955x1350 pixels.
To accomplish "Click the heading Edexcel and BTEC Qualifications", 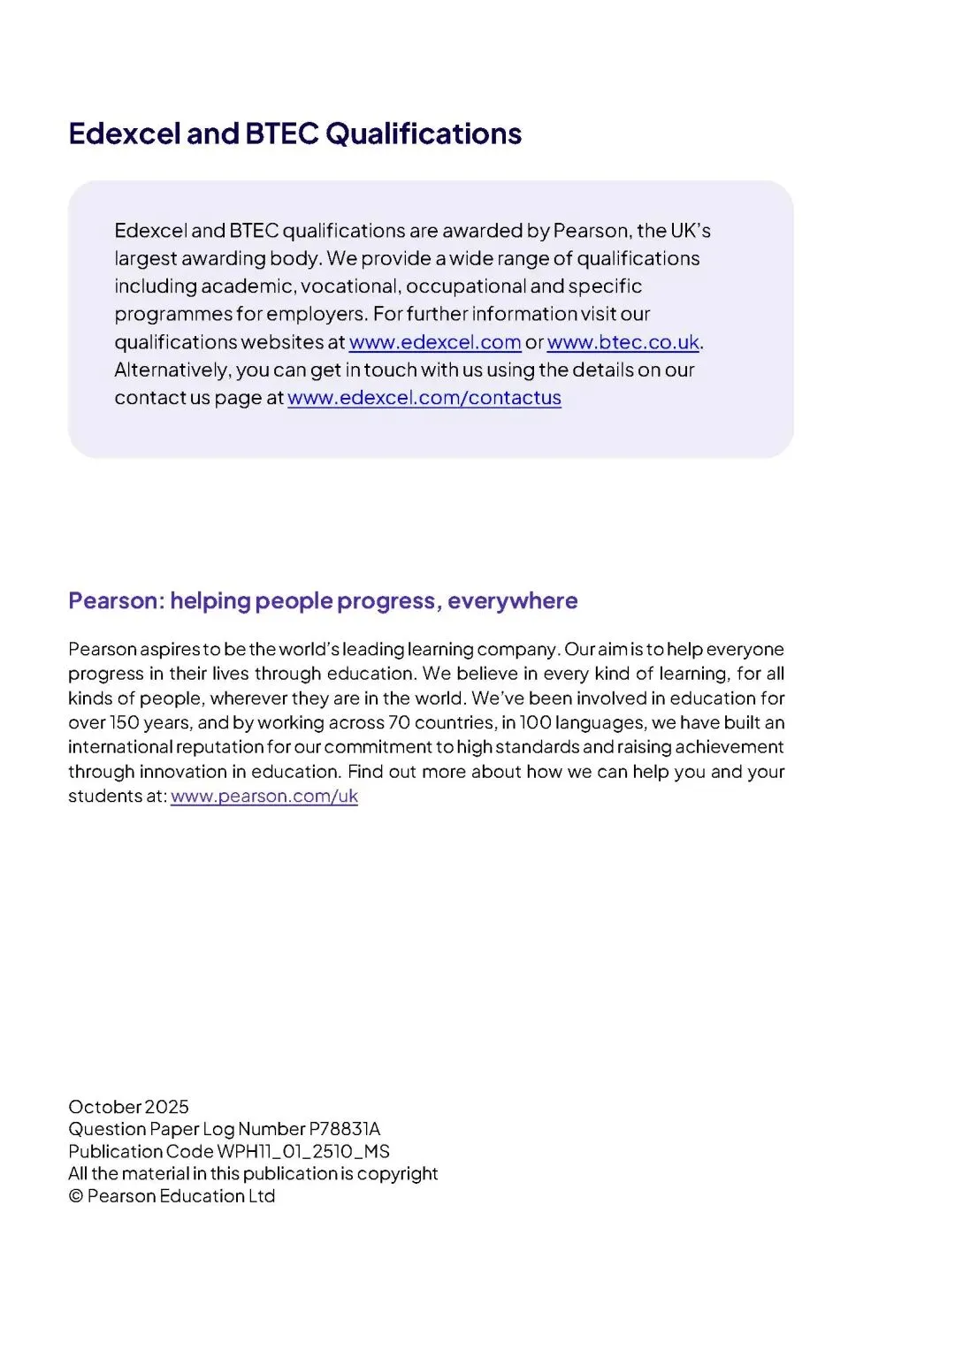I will pos(294,133).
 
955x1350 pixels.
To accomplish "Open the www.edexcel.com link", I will pos(435,342).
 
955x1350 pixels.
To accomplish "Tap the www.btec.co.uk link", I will pos(623,342).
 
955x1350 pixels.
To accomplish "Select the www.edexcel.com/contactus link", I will pos(424,398).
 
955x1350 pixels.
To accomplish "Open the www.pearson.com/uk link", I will pos(264,796).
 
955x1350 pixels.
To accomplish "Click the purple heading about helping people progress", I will pos(323,601).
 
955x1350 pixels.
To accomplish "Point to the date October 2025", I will pos(128,1107).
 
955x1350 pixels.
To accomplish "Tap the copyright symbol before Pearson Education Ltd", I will pos(75,1196).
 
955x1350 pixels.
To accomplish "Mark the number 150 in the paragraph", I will pos(124,722).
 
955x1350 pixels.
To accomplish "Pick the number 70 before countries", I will pos(399,722).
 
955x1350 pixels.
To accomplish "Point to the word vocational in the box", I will pos(348,286).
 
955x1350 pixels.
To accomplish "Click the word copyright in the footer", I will pos(397,1174).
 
